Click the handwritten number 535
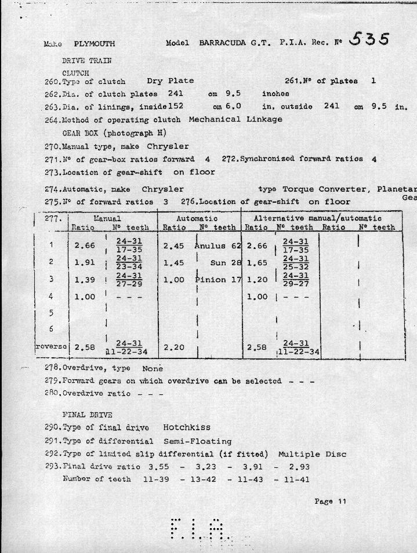coord(369,39)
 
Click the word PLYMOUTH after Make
coord(95,43)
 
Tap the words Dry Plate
coord(170,81)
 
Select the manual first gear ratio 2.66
coord(85,246)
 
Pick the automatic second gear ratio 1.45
coord(173,262)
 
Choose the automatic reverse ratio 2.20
coord(173,348)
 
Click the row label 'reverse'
coord(52,347)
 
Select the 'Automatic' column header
coord(197,218)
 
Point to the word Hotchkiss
coord(186,427)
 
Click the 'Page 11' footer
coord(330,501)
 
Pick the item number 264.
coord(52,120)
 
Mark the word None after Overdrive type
coord(153,368)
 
